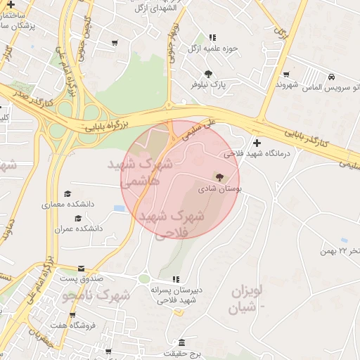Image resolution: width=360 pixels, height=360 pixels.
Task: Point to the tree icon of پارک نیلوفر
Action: point(208,73)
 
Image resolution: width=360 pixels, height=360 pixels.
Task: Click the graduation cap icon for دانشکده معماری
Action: point(67,193)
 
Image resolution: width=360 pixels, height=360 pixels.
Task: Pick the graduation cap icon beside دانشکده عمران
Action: point(77,218)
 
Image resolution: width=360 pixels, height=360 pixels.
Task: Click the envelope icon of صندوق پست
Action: point(81,269)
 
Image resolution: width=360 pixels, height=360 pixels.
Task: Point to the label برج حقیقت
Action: point(184,353)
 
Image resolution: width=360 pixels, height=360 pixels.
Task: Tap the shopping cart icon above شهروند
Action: point(286,74)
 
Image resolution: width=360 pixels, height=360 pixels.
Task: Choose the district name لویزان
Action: point(246,289)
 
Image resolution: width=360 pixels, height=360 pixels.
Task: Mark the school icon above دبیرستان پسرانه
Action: point(176,279)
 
